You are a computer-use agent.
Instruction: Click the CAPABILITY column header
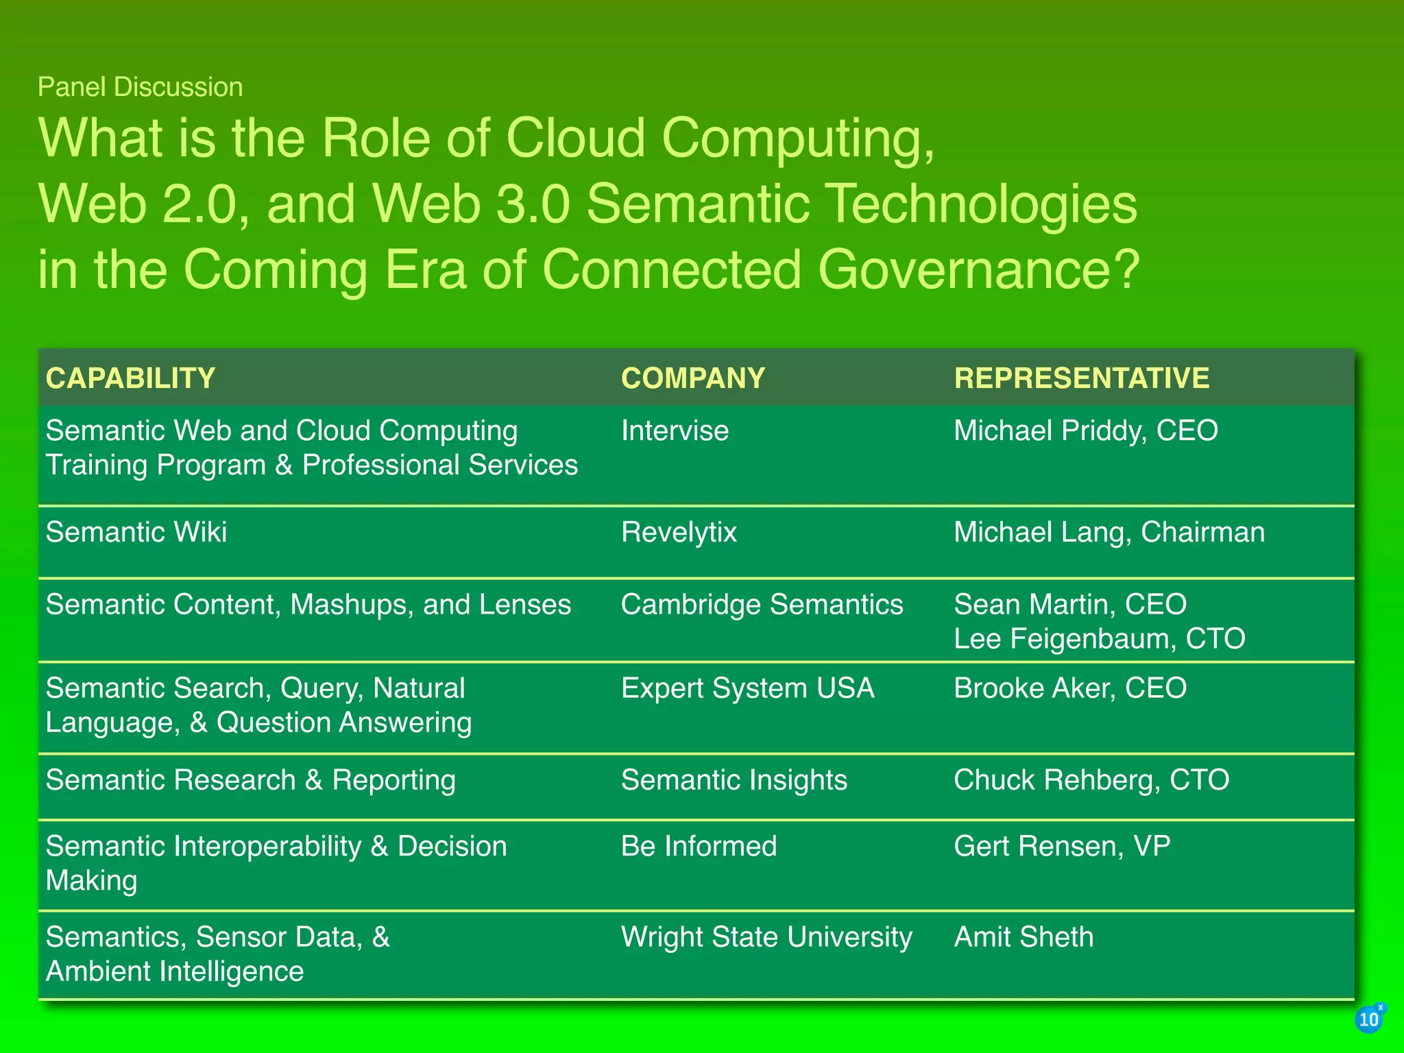[x=130, y=378]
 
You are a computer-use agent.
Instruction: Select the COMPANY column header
[x=692, y=378]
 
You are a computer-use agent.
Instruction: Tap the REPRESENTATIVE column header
[x=1081, y=378]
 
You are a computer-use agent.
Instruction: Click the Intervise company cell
[x=675, y=431]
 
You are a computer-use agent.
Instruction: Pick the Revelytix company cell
[x=679, y=533]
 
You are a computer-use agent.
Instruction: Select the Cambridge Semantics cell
[x=762, y=605]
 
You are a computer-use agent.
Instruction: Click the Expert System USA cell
[x=747, y=688]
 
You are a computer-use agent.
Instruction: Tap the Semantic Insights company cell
[x=734, y=780]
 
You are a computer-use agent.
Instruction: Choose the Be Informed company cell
[x=699, y=846]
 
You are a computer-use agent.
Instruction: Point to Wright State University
[x=766, y=937]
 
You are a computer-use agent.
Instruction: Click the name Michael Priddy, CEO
[x=1085, y=431]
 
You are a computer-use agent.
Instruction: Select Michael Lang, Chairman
[x=1109, y=533]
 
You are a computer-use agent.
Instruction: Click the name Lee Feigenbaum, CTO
[x=1099, y=639]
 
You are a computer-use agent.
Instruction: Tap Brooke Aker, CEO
[x=1069, y=688]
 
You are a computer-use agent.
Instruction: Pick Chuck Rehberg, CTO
[x=1091, y=780]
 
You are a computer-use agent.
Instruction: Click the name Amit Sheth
[x=1024, y=937]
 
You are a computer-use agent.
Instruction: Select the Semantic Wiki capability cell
[x=136, y=533]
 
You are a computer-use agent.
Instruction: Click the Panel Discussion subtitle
[x=140, y=87]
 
